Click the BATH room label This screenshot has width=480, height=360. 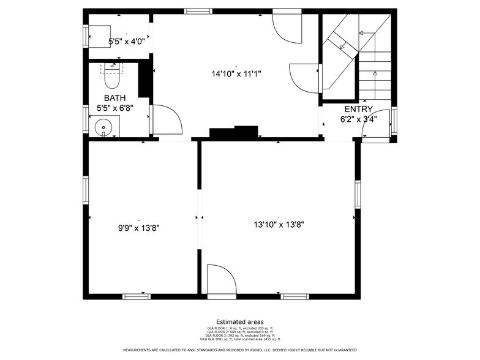(115, 98)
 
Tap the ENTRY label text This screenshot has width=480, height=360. (358, 109)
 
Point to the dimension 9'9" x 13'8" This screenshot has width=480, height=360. (139, 227)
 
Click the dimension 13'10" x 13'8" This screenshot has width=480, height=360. (279, 225)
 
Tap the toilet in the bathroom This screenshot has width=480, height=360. (112, 77)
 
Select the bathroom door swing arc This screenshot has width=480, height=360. (168, 120)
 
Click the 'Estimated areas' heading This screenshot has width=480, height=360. (239, 321)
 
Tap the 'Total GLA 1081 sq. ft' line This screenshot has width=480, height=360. (239, 339)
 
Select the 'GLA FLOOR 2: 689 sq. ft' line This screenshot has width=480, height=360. (239, 331)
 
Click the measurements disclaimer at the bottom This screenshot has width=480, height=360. (239, 350)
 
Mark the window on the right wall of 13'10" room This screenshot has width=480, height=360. (358, 194)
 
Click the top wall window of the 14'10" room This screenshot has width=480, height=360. (198, 11)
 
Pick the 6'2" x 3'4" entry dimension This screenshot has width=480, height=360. (358, 119)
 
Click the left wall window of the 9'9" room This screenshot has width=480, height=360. (86, 190)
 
